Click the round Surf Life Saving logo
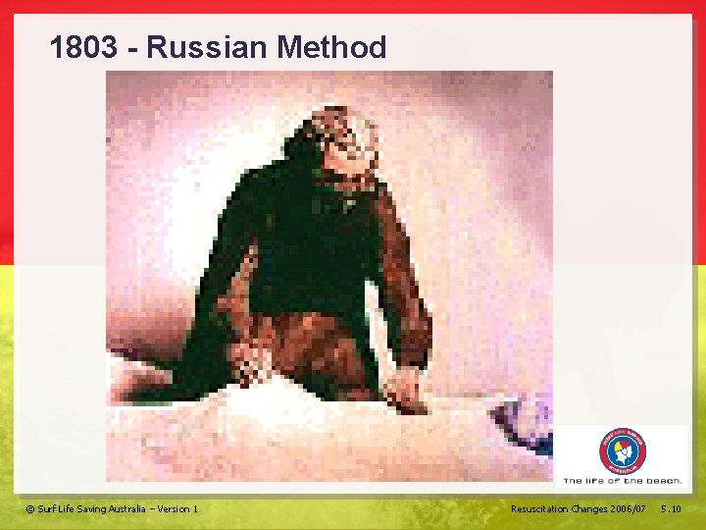tap(623, 452)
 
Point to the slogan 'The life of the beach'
tap(623, 481)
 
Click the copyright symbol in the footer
tap(29, 508)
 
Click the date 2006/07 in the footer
tap(629, 508)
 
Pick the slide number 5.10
tap(672, 508)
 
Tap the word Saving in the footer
tap(87, 508)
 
